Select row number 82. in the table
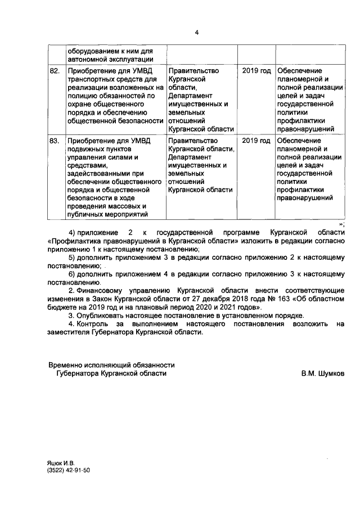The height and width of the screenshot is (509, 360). pos(55,71)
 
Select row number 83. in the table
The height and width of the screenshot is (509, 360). pos(55,141)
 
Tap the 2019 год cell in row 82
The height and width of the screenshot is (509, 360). pos(256,71)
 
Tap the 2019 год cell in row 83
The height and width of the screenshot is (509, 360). pos(256,141)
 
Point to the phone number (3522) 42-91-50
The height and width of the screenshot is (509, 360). pos(69,470)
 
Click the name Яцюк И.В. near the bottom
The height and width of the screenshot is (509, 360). pos(61,462)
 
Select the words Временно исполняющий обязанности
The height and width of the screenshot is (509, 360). pos(111,364)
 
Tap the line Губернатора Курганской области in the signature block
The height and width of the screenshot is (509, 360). pos(111,373)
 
